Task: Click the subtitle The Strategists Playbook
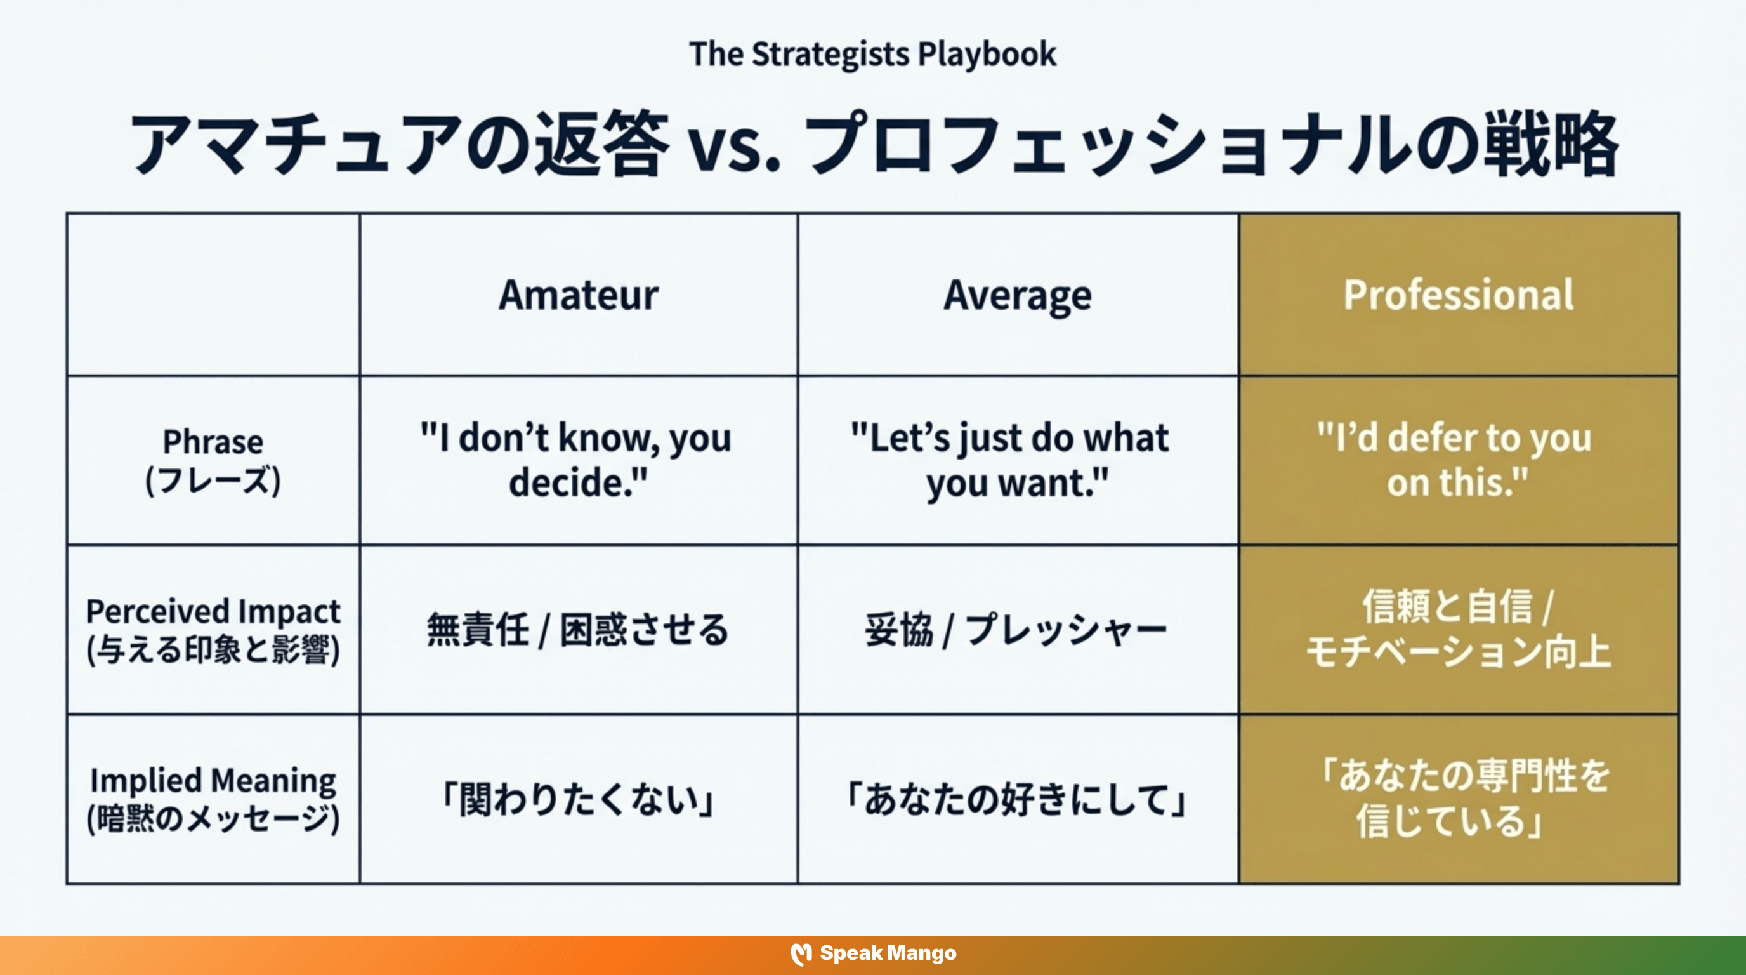pyautogui.click(x=872, y=54)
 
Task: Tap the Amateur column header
pyautogui.click(x=578, y=295)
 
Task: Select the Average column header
pyautogui.click(x=1018, y=295)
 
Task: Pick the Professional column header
pyautogui.click(x=1459, y=295)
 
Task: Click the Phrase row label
pyautogui.click(x=213, y=460)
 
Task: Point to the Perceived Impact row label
pyautogui.click(x=213, y=630)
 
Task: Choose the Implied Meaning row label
pyautogui.click(x=213, y=799)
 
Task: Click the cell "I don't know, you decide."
pyautogui.click(x=578, y=460)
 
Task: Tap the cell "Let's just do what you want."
pyautogui.click(x=1018, y=460)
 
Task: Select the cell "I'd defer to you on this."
pyautogui.click(x=1459, y=460)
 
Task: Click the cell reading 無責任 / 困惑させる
pyautogui.click(x=578, y=630)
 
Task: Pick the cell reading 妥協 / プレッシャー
pyautogui.click(x=1018, y=630)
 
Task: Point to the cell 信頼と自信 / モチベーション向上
pyautogui.click(x=1459, y=630)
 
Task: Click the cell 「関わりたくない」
pyautogui.click(x=578, y=799)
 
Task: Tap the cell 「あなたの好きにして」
pyautogui.click(x=1018, y=799)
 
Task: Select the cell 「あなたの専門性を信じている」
pyautogui.click(x=1459, y=799)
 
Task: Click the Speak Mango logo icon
pyautogui.click(x=801, y=954)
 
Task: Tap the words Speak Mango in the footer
pyautogui.click(x=888, y=953)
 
